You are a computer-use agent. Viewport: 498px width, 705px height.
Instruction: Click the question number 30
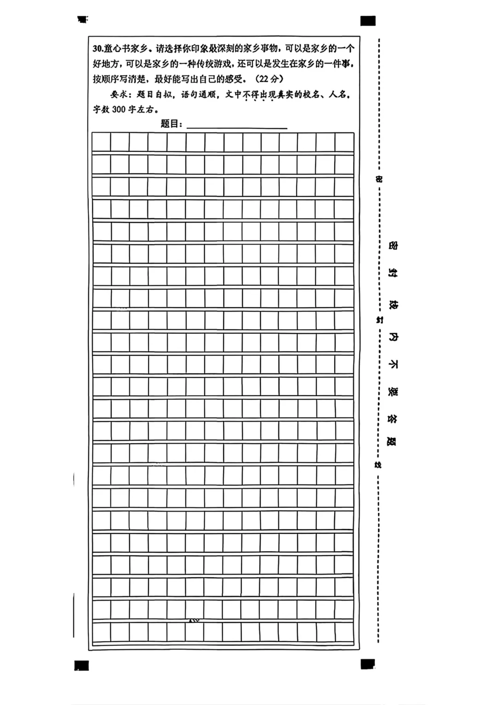click(98, 48)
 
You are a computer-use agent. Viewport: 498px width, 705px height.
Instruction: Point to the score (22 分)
click(269, 78)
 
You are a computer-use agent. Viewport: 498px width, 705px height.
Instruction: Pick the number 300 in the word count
click(119, 109)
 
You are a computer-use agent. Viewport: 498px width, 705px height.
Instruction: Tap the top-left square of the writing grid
click(101, 142)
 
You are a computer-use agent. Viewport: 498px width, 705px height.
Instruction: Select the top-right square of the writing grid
click(344, 142)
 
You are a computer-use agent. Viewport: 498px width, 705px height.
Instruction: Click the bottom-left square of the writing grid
click(101, 632)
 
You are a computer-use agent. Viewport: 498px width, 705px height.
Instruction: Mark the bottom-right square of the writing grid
click(344, 632)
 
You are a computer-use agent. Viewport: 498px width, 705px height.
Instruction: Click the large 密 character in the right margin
click(392, 245)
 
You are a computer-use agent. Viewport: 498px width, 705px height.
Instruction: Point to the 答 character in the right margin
click(392, 419)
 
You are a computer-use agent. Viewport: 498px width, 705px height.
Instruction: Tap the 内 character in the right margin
click(393, 337)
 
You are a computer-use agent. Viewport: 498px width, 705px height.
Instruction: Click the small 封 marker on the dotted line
click(379, 319)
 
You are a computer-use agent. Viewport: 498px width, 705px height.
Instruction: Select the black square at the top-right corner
click(368, 21)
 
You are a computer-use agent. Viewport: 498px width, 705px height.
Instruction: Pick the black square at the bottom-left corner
click(81, 665)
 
